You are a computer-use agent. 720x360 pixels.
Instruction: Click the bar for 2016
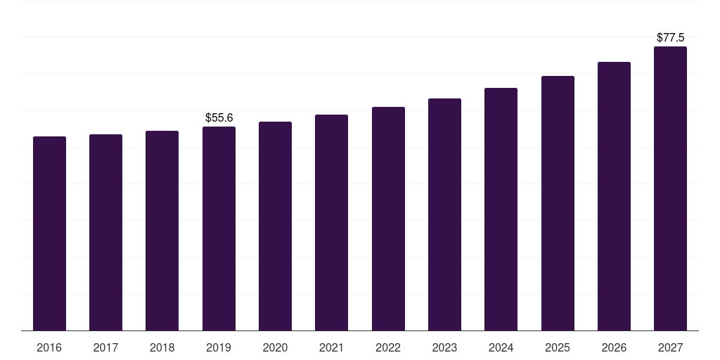pos(49,233)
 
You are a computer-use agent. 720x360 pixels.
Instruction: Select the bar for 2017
pos(105,232)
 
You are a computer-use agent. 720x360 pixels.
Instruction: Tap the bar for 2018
pos(162,231)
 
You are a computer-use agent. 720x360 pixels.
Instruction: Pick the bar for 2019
pos(219,229)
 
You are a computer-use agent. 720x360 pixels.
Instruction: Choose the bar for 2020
pos(275,226)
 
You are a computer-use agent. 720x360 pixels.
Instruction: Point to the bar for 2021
pos(331,222)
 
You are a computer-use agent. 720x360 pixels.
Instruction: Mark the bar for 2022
pos(388,219)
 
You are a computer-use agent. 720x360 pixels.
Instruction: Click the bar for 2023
pos(444,214)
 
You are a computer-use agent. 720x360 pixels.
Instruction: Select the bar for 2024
pos(501,209)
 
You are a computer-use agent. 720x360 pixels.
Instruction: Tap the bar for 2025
pos(558,203)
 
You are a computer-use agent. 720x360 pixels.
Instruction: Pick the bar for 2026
pos(614,196)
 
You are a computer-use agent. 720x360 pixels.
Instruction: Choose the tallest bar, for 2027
pos(670,188)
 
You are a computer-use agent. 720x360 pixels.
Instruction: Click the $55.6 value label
pos(219,117)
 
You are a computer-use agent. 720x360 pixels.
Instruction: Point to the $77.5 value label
pos(670,37)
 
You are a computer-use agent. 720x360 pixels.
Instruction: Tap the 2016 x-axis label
pos(49,347)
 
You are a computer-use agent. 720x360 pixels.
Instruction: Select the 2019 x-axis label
pos(219,347)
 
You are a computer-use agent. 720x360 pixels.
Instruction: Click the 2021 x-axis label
pos(331,347)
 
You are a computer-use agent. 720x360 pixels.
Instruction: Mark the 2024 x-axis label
pos(501,347)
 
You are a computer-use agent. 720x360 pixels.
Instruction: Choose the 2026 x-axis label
pos(614,347)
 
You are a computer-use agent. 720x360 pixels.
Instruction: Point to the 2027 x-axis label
pos(670,347)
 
